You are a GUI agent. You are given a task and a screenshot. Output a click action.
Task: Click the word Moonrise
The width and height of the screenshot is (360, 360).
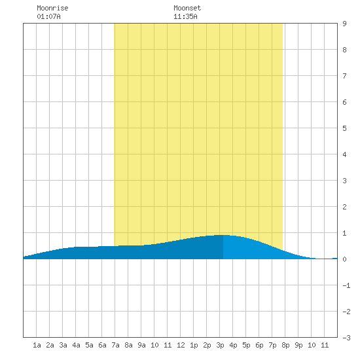[x=52, y=8]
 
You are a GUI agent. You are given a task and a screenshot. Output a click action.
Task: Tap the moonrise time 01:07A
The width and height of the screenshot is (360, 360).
[x=48, y=16]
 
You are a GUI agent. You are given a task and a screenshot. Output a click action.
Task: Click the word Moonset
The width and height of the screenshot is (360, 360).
[x=187, y=8]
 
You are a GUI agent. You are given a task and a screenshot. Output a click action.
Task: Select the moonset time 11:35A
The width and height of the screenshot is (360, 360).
[x=185, y=16]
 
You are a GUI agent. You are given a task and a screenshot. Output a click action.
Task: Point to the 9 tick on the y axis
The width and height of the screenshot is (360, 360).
[x=344, y=24]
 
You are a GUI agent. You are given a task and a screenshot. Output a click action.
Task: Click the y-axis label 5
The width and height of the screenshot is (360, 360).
[x=344, y=128]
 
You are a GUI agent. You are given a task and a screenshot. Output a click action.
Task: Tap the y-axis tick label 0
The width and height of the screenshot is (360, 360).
[x=344, y=259]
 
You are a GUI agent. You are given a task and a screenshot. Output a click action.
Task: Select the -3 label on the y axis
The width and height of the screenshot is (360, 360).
[x=346, y=338]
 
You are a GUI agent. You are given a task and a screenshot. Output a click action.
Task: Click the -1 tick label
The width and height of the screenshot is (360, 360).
[x=346, y=285]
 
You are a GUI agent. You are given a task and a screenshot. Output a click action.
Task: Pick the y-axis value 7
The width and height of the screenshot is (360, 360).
[x=344, y=76]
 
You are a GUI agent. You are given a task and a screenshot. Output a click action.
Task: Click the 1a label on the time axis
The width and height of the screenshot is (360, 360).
[x=37, y=345]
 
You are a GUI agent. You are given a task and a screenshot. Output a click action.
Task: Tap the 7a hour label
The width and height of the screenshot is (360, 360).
[x=115, y=345]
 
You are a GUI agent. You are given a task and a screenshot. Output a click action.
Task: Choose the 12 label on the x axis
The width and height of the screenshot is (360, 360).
[x=181, y=345]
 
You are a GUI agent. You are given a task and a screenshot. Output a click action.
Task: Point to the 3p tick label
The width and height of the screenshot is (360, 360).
[x=220, y=345]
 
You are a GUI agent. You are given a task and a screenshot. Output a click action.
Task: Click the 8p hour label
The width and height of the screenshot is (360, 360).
[x=285, y=345]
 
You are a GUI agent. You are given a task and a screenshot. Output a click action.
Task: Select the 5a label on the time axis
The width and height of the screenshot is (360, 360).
[x=89, y=345]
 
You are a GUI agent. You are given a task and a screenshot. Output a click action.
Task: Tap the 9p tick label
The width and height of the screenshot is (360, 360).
[x=298, y=345]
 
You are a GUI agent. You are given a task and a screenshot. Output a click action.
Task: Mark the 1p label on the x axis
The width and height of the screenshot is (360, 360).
[x=194, y=345]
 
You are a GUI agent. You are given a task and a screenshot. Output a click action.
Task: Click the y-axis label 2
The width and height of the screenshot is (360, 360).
[x=344, y=207]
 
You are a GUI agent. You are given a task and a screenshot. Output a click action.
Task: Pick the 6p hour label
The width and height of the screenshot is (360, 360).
[x=259, y=345]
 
